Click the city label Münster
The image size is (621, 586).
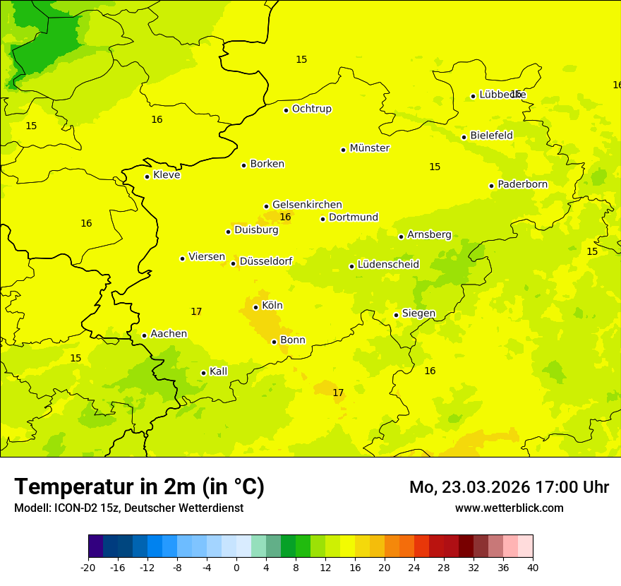click(370, 148)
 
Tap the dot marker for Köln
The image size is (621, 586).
click(255, 307)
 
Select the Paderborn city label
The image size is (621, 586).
click(522, 184)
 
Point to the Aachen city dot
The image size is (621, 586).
click(144, 335)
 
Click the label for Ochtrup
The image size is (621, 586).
click(311, 109)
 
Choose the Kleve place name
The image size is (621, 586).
click(167, 175)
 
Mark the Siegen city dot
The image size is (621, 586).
click(396, 315)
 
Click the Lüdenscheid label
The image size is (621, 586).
click(388, 265)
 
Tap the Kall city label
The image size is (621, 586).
click(219, 371)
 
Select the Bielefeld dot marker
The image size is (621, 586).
click(464, 137)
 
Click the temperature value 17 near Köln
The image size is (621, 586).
click(196, 311)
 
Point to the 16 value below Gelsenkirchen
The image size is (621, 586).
click(285, 217)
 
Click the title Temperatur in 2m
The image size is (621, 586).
click(139, 487)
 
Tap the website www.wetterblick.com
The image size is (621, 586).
click(509, 508)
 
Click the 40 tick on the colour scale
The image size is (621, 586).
click(532, 568)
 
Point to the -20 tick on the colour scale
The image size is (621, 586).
click(88, 568)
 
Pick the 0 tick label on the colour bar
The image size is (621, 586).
click(236, 568)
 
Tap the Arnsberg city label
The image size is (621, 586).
click(429, 234)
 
